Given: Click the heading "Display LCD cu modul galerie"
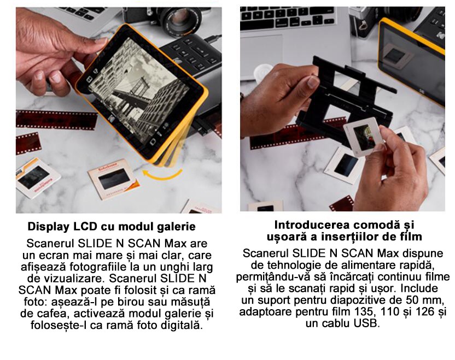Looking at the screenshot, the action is pos(112,226).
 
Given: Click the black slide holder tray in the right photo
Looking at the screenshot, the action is pos(345,98).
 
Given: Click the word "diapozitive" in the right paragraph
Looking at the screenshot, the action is pos(366,300).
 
